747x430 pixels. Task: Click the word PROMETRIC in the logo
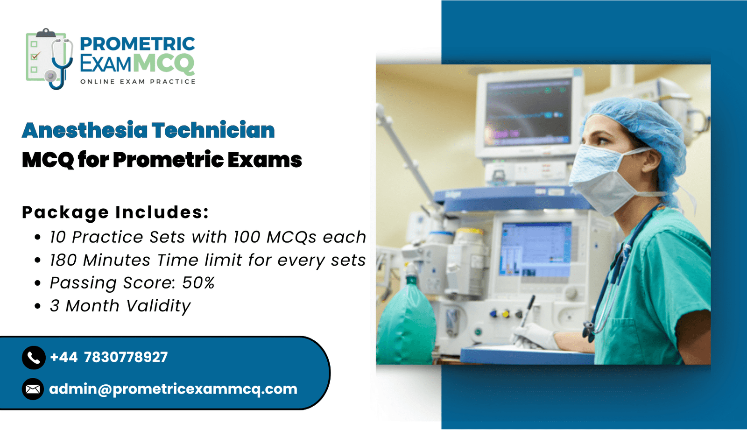(137, 44)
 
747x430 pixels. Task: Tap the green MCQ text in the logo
(164, 63)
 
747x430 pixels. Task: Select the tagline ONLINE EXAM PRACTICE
(138, 82)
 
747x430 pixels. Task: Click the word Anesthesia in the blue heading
(85, 130)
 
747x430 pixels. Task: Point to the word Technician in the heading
(213, 130)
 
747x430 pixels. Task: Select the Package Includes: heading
(115, 212)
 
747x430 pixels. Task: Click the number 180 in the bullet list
(63, 260)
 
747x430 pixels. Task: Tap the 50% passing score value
(198, 283)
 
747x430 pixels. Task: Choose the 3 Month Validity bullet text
(120, 306)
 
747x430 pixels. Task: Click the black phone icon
(34, 358)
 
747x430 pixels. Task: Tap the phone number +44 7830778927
(109, 357)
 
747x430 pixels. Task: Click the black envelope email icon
(33, 389)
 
